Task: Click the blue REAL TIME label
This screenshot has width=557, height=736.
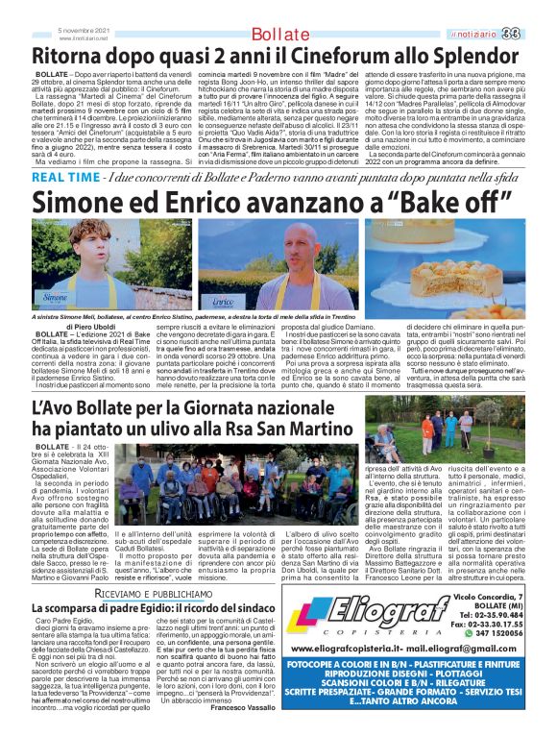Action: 65,179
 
